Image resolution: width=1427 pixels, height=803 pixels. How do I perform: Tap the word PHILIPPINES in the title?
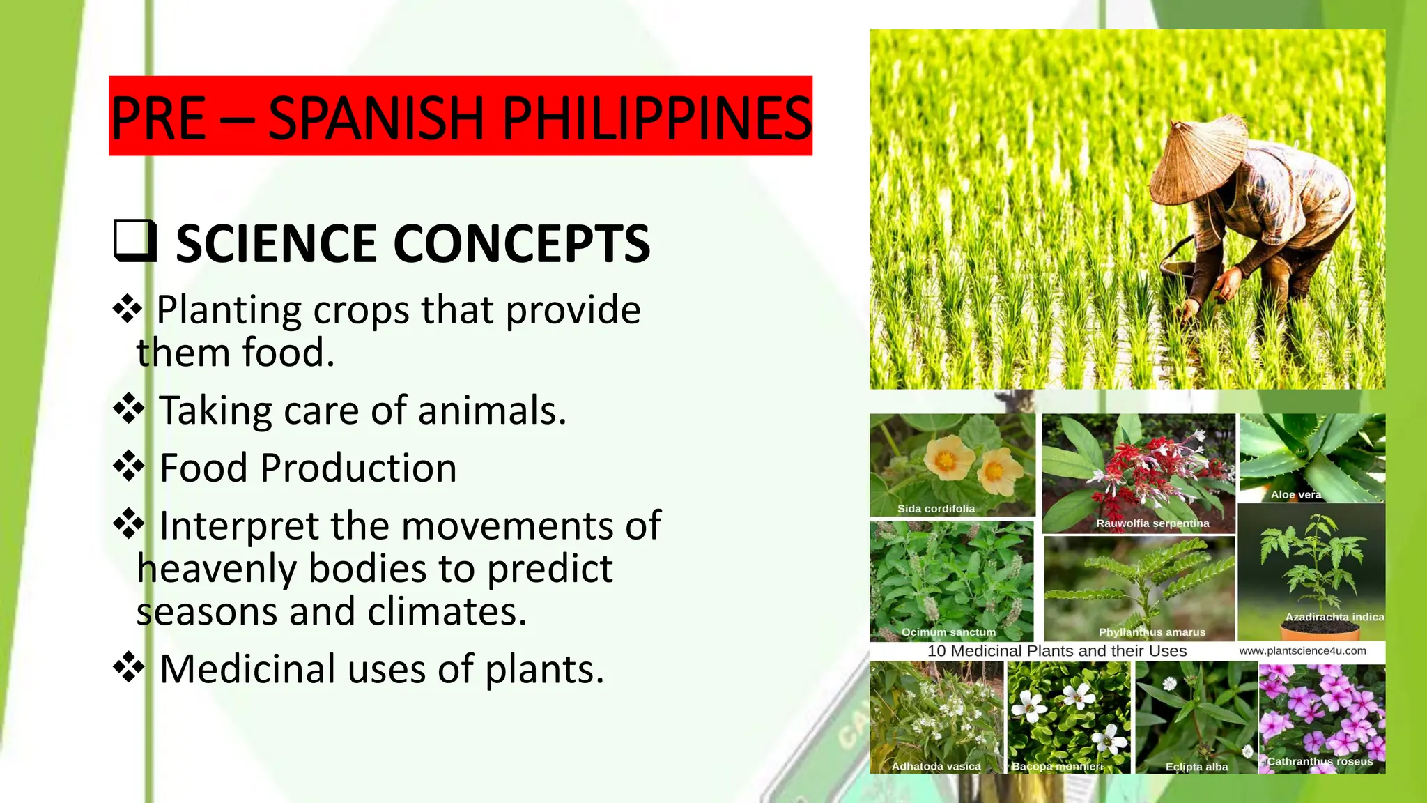(656, 117)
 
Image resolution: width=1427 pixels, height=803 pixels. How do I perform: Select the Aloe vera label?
(1295, 494)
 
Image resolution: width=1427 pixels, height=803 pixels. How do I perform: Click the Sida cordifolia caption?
(936, 508)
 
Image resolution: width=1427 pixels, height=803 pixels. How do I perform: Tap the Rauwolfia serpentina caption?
(1152, 523)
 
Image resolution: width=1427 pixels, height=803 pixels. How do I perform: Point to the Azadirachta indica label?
(1334, 617)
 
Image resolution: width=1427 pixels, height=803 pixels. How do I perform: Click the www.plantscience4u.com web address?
(1302, 650)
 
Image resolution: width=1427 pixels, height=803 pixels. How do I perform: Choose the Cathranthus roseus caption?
(1320, 761)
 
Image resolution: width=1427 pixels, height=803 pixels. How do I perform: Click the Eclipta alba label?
(1196, 766)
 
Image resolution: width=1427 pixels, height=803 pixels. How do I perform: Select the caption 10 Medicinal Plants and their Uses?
(1056, 650)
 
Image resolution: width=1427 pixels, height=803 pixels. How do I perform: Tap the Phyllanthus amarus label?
(1152, 632)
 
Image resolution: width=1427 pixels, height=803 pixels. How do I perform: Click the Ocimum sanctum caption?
(948, 632)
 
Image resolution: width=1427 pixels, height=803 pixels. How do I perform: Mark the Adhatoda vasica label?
(936, 766)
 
